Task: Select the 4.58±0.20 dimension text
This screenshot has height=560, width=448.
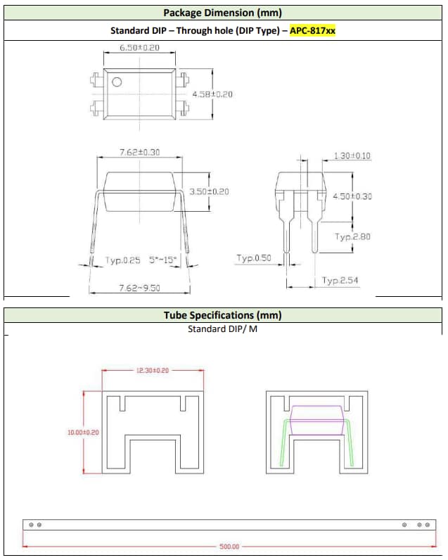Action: [x=212, y=94]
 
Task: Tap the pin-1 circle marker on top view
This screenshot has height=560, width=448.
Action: [x=117, y=82]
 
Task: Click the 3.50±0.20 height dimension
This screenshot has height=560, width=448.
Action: [x=209, y=191]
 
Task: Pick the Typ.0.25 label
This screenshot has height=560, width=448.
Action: [x=123, y=260]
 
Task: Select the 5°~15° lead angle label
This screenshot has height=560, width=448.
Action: [x=165, y=260]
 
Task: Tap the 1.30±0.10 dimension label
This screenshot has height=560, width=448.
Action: [x=352, y=155]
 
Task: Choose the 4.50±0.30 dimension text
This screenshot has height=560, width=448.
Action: [x=352, y=196]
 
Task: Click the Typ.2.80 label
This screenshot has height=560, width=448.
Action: [x=352, y=236]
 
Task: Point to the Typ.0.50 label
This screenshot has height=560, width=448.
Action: [x=253, y=258]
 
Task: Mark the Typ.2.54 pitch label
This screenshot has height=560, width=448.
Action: [x=340, y=281]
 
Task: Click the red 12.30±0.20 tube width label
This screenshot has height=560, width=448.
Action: [x=153, y=370]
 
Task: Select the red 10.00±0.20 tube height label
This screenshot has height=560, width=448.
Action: [x=83, y=433]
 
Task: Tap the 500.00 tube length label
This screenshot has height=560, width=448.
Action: [x=229, y=546]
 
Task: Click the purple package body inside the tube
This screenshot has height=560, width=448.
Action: [x=316, y=416]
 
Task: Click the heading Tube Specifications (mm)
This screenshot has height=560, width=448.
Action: [x=223, y=315]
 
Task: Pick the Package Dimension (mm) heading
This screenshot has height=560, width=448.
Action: [x=223, y=13]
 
